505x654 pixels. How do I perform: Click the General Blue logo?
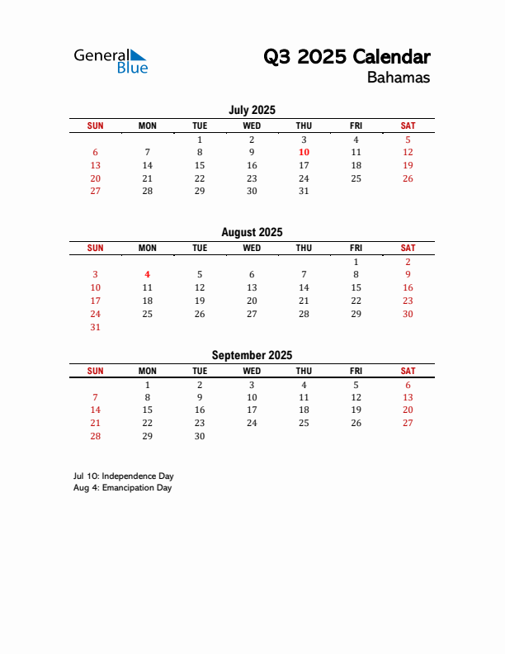[x=111, y=60]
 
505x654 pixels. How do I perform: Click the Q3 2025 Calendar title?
[x=347, y=57]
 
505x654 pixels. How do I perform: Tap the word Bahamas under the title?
[x=399, y=78]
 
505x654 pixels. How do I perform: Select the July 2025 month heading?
[x=252, y=110]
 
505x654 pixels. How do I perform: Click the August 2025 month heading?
[x=252, y=232]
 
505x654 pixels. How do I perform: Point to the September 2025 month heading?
[x=252, y=355]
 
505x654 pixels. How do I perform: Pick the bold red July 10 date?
[x=304, y=152]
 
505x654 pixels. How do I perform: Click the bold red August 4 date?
[x=147, y=274]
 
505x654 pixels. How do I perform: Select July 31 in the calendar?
[x=304, y=191]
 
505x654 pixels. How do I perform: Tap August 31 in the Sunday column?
[x=95, y=327]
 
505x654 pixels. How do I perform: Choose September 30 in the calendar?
[x=199, y=436]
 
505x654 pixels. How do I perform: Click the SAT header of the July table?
[x=408, y=126]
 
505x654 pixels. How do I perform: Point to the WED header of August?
[x=252, y=248]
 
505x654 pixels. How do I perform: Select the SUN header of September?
[x=95, y=371]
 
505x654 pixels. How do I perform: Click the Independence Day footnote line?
[x=123, y=476]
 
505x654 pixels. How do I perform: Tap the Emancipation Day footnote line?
[x=122, y=488]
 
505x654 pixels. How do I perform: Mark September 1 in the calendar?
[x=147, y=385]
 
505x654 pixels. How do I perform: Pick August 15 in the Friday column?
[x=356, y=287]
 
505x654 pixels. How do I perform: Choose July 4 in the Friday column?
[x=356, y=140]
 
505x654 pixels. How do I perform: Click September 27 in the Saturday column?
[x=408, y=423]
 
